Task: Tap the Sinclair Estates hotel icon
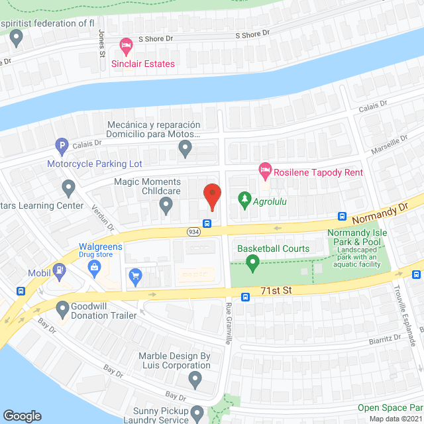pos(126,46)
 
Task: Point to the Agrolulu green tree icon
pos(244,199)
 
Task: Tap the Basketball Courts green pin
pos(252,264)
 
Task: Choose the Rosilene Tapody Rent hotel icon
pos(265,172)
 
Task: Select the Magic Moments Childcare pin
pos(166,207)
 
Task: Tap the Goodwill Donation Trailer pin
pos(64,308)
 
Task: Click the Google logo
pos(22,415)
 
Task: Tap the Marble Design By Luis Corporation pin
pos(195,380)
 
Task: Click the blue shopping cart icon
pos(136,276)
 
